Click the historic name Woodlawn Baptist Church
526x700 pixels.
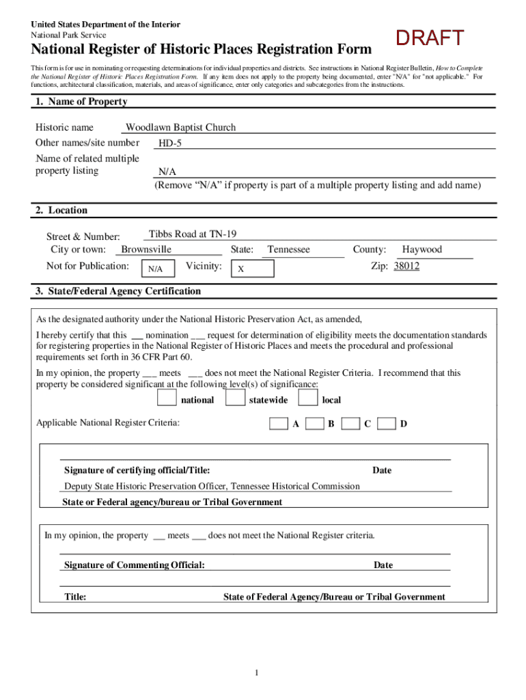tap(180, 127)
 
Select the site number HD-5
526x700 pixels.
tap(170, 144)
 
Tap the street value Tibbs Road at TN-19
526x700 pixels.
tap(193, 234)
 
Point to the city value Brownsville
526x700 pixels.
tap(146, 250)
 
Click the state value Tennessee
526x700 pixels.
tap(288, 250)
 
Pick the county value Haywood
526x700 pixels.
tap(421, 250)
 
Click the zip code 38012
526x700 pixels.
tap(406, 266)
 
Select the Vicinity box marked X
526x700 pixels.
tap(251, 269)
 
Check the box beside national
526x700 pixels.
tap(166, 398)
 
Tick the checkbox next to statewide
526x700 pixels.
tap(235, 398)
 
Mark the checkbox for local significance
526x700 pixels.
tap(308, 398)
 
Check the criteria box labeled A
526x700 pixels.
tap(278, 424)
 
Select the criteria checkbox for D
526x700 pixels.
tap(387, 424)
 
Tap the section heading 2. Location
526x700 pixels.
tap(61, 211)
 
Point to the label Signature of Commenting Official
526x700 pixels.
tap(134, 565)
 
